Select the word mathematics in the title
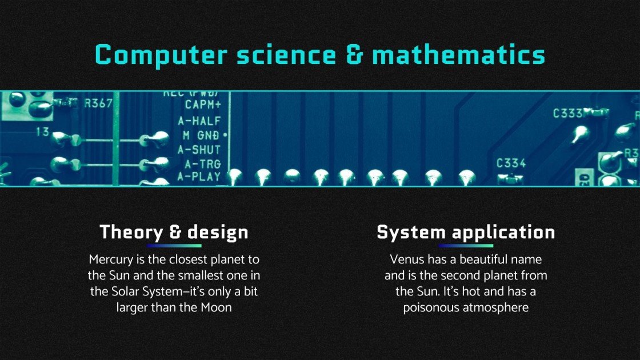coord(458,55)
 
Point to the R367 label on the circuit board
coord(98,103)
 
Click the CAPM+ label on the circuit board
coord(203,105)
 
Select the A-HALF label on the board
coord(199,121)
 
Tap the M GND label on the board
coord(202,135)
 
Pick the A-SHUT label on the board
coord(199,150)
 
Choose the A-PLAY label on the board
coord(199,177)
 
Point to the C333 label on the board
coord(567,113)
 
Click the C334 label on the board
coord(511,163)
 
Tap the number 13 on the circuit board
coord(43,131)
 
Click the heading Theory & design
coord(174,233)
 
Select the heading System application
coord(466,233)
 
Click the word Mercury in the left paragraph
coord(111,259)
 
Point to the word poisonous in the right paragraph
coord(430,308)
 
